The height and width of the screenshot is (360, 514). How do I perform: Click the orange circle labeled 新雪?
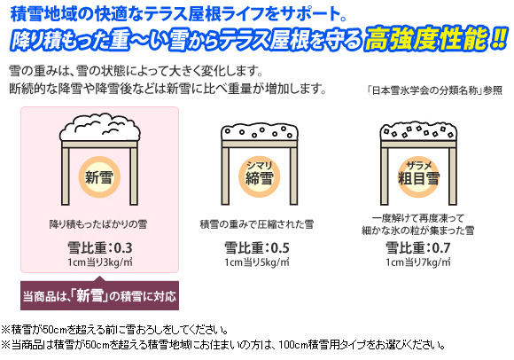point(99,177)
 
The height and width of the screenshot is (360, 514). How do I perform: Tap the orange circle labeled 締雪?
point(259,177)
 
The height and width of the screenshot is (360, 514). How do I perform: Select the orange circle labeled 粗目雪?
point(418,177)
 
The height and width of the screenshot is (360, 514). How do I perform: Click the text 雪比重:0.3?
point(100,247)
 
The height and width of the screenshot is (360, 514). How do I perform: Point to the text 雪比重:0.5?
point(257,247)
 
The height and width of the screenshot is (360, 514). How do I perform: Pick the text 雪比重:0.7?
point(418,247)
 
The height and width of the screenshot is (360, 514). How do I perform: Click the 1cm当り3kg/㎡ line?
point(100,262)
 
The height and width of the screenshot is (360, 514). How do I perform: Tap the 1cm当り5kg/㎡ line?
point(257,262)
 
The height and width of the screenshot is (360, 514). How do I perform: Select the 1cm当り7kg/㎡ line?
point(418,262)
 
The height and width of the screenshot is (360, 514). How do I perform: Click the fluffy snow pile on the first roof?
point(100,127)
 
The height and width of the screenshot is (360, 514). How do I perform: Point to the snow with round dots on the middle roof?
point(260,132)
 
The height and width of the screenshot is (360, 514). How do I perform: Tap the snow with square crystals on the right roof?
point(418,131)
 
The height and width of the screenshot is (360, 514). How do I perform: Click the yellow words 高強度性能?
point(426,39)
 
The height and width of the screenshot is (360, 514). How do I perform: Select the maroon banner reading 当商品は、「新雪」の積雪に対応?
point(99,296)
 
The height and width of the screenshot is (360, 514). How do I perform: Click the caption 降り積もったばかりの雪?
point(98,224)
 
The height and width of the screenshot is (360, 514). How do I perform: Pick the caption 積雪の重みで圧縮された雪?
point(257,224)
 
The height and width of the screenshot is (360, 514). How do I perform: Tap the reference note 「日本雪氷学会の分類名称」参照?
point(434,90)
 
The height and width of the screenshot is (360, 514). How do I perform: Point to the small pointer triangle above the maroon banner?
point(99,278)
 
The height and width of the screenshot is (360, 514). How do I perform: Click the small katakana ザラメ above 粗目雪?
point(418,166)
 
